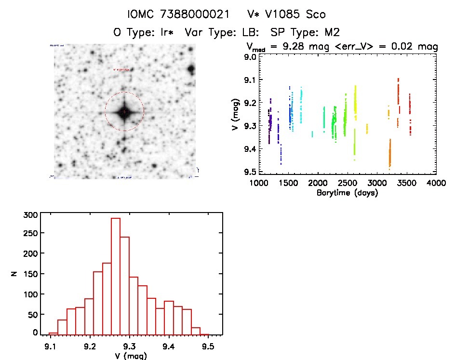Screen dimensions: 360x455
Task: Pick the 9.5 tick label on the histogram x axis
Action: [208, 346]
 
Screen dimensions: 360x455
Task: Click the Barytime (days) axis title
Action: [347, 193]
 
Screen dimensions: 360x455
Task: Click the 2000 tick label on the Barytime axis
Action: [318, 183]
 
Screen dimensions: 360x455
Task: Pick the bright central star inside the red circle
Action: [124, 112]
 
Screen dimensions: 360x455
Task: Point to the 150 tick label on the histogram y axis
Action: [30, 273]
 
